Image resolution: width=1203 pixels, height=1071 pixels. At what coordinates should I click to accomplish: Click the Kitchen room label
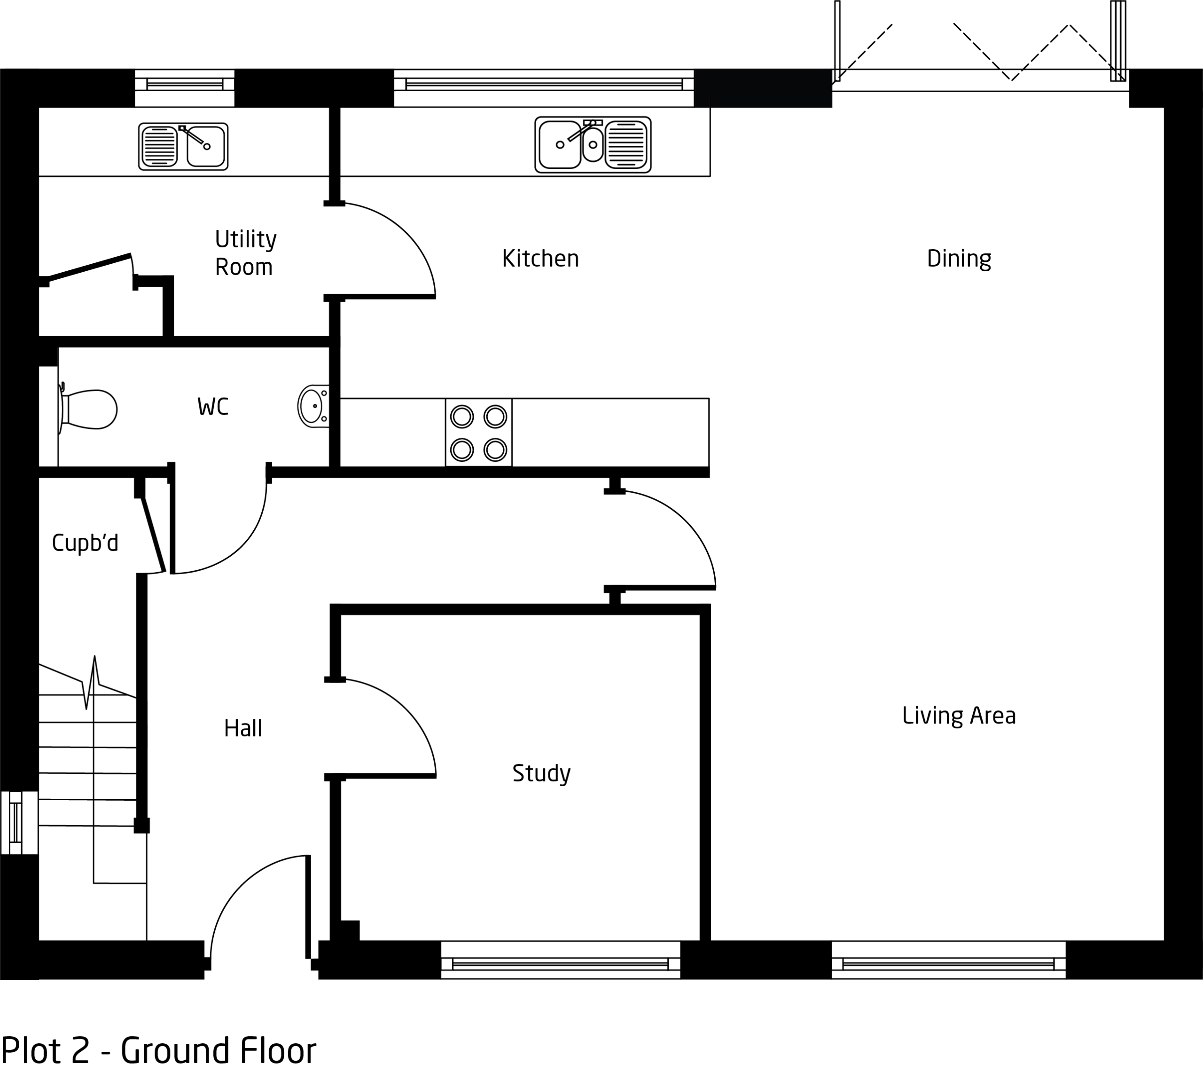click(x=540, y=259)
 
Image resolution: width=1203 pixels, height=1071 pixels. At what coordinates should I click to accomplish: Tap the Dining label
click(x=959, y=259)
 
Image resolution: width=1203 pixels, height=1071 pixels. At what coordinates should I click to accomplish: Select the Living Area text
click(x=959, y=716)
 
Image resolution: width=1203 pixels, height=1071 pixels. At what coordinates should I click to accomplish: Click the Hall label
click(x=242, y=728)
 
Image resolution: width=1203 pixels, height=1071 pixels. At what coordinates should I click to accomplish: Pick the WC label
click(x=212, y=407)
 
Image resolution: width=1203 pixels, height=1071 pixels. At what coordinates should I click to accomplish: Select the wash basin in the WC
click(x=313, y=406)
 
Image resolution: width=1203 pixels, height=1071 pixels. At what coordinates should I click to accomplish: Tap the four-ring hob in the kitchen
click(x=478, y=433)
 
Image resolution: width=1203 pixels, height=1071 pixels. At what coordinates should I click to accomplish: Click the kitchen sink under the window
click(x=593, y=144)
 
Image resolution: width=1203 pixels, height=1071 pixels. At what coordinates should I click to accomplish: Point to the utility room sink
click(x=183, y=147)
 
